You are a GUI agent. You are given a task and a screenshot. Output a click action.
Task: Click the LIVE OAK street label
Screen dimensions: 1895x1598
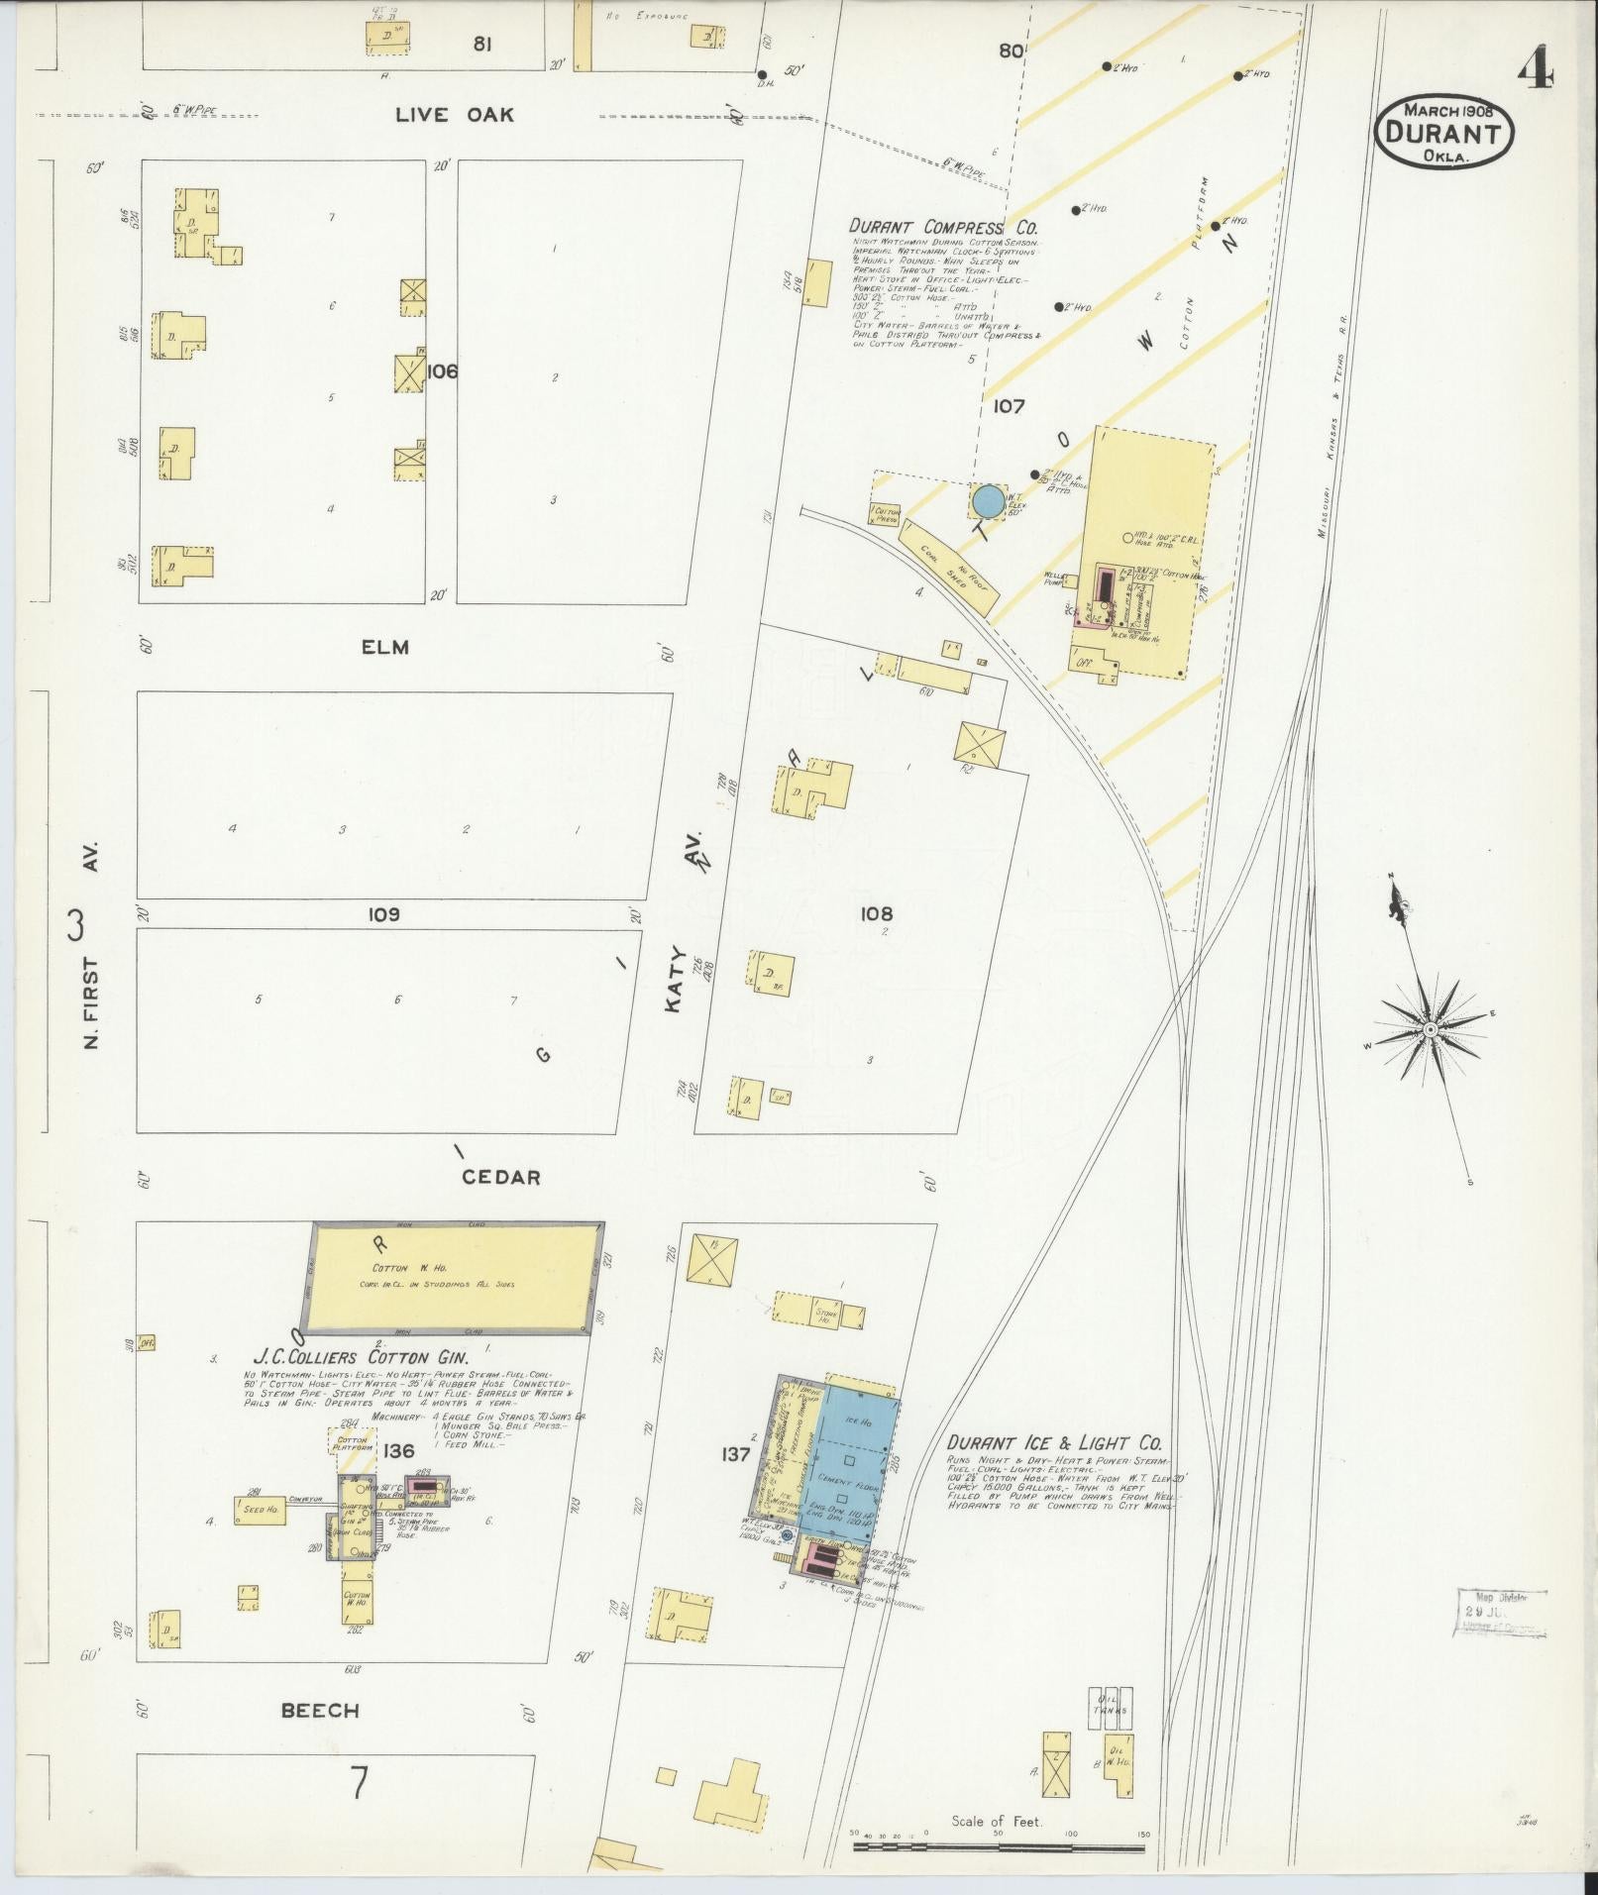(455, 115)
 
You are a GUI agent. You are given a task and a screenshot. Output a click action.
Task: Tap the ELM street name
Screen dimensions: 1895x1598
(385, 648)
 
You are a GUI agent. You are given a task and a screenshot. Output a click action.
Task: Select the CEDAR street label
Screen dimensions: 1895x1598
(500, 1178)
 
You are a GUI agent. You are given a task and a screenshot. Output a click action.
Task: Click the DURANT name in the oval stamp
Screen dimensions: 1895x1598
(1447, 133)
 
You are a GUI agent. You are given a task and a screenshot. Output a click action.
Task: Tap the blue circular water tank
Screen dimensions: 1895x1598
(987, 501)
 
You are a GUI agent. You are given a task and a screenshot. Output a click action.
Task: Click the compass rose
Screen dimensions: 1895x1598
(1430, 1030)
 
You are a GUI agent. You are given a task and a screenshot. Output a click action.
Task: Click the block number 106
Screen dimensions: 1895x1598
(443, 371)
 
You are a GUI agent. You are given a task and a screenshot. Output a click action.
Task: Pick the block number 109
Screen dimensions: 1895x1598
(383, 914)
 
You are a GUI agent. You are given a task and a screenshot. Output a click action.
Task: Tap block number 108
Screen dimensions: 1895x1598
(877, 913)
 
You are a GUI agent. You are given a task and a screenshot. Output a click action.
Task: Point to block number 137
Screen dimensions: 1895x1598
(737, 1453)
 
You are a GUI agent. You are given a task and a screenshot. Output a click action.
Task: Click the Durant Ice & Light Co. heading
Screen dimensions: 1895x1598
(1053, 1444)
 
